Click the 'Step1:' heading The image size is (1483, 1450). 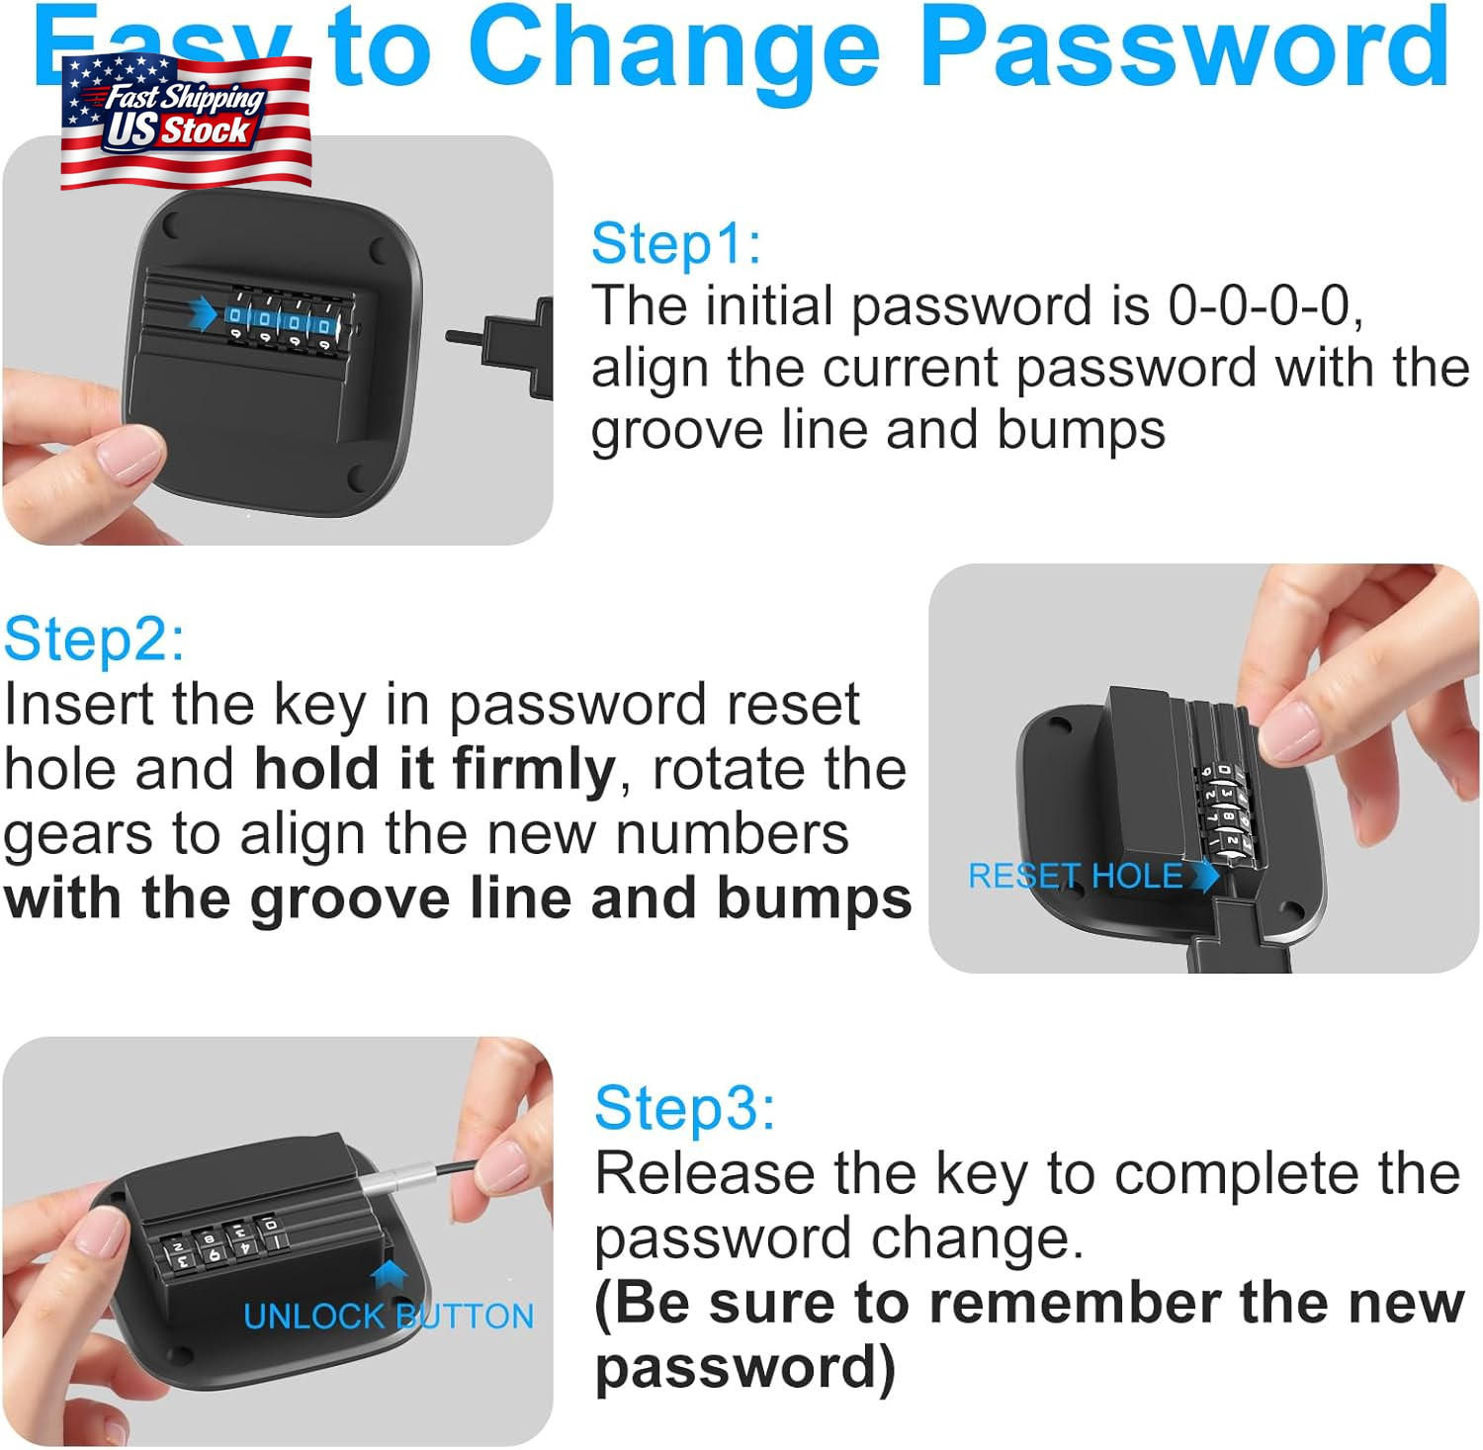click(676, 243)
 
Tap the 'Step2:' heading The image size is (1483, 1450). click(94, 640)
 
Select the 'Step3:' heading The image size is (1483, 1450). click(684, 1107)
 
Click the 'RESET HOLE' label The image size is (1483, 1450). click(1075, 876)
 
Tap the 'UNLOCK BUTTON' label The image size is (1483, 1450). click(389, 1317)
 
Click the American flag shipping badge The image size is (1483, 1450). click(186, 122)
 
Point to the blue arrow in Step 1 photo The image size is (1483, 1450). click(203, 313)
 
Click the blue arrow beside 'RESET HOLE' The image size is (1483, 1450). click(1205, 875)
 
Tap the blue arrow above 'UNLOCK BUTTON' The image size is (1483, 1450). click(390, 1275)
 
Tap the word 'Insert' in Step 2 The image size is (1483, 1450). click(79, 705)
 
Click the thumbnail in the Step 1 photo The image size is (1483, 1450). click(129, 453)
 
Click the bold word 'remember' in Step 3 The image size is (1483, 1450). click(1077, 1303)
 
